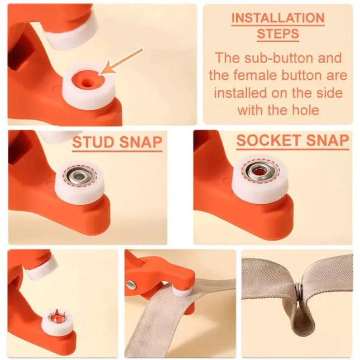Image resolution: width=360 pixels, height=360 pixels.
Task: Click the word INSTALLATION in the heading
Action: tap(277, 18)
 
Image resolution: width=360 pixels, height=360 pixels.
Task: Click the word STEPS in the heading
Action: tap(277, 33)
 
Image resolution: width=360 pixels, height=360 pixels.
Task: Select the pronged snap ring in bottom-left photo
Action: tap(56, 319)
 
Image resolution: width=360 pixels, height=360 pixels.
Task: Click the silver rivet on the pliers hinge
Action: tap(131, 285)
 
